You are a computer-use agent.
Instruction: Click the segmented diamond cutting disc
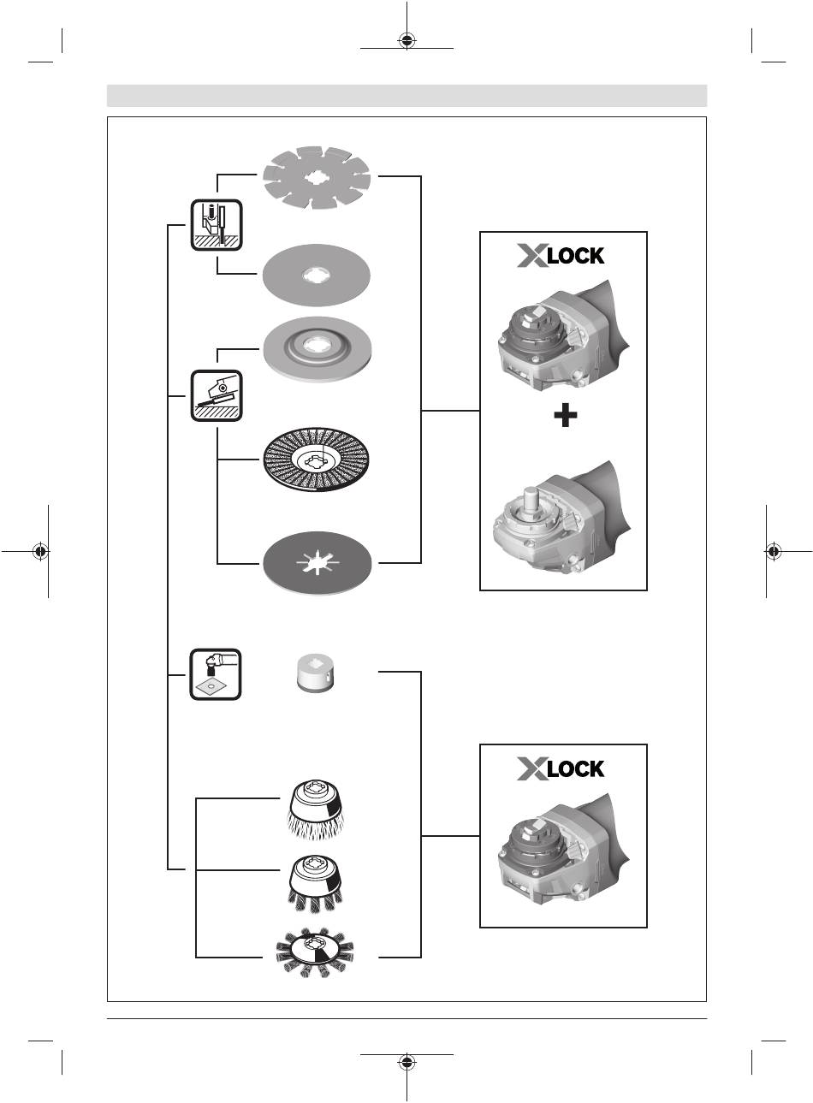316,178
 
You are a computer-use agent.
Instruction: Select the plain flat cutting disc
316,276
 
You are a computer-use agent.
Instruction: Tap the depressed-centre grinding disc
317,348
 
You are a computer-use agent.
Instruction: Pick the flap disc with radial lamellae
316,459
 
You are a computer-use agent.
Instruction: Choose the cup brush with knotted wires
315,885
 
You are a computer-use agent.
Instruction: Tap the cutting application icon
217,225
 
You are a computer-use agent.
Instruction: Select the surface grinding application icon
217,396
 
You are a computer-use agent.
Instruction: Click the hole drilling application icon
216,674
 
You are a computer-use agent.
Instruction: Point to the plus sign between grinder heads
566,416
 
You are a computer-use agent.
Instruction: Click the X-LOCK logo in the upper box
561,256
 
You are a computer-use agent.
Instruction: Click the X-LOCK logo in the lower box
561,768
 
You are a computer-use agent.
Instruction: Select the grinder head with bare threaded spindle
561,517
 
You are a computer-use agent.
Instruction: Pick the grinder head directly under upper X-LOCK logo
564,337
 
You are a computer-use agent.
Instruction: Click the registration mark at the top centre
406,41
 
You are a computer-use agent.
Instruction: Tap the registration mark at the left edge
41,551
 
